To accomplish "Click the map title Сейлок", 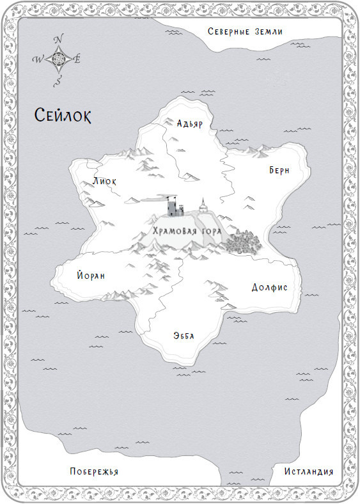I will pos(63,116).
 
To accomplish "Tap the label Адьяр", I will pos(189,124).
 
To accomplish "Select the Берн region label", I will pos(279,170).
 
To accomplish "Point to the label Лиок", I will pos(104,181).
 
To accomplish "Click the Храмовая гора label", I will pos(187,230).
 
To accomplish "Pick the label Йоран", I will pos(90,276).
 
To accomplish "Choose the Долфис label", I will pos(269,287).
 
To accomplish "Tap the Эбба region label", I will pos(184,336).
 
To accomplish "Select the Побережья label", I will pos(95,471).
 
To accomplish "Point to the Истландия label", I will pos(308,471).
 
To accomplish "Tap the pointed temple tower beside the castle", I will pos(203,205).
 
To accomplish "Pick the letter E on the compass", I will pos(78,60).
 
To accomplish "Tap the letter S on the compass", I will pos(58,81).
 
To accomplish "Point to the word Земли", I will pos(269,31).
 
